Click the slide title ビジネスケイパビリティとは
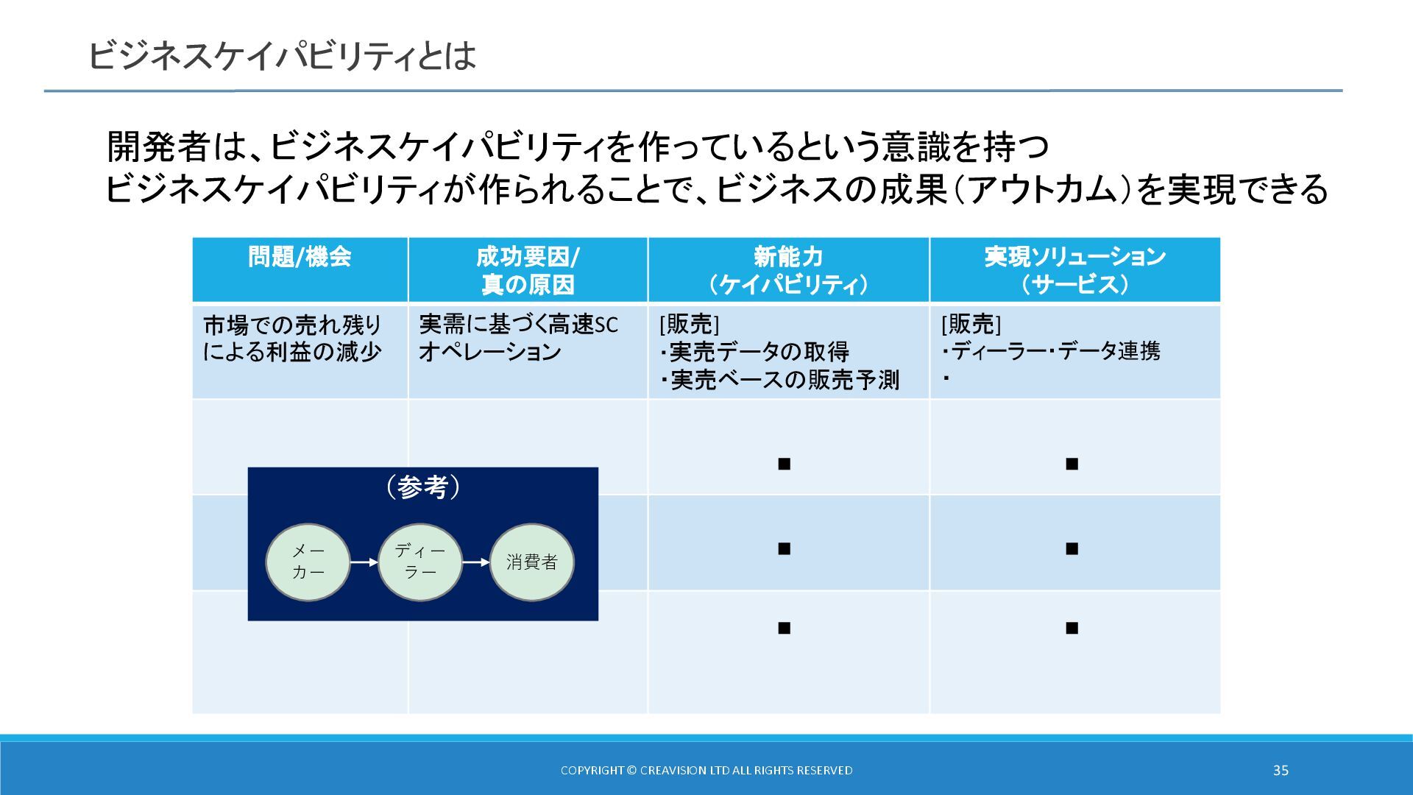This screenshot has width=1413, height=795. click(x=282, y=56)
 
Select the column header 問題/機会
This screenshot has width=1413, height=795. click(x=300, y=258)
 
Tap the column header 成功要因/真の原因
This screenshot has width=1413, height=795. click(x=528, y=270)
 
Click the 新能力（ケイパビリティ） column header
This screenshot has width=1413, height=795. click(x=788, y=270)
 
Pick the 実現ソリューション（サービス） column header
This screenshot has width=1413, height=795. click(x=1074, y=270)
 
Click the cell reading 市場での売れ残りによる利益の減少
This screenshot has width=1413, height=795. click(x=292, y=339)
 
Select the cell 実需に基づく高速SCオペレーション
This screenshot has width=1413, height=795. click(x=518, y=338)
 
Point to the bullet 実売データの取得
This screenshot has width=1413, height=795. click(x=759, y=352)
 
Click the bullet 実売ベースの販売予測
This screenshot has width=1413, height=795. click(x=784, y=380)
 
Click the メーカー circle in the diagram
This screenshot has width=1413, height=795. click(x=308, y=562)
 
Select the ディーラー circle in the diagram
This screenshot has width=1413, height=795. click(x=419, y=562)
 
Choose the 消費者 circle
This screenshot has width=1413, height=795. click(x=531, y=562)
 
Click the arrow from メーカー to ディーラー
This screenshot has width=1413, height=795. click(x=364, y=562)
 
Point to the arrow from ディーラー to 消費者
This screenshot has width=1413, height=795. click(x=475, y=562)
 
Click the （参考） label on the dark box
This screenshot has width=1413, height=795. click(x=423, y=487)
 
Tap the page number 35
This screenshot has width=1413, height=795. click(x=1281, y=770)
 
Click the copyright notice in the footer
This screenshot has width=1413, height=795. click(x=706, y=770)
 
